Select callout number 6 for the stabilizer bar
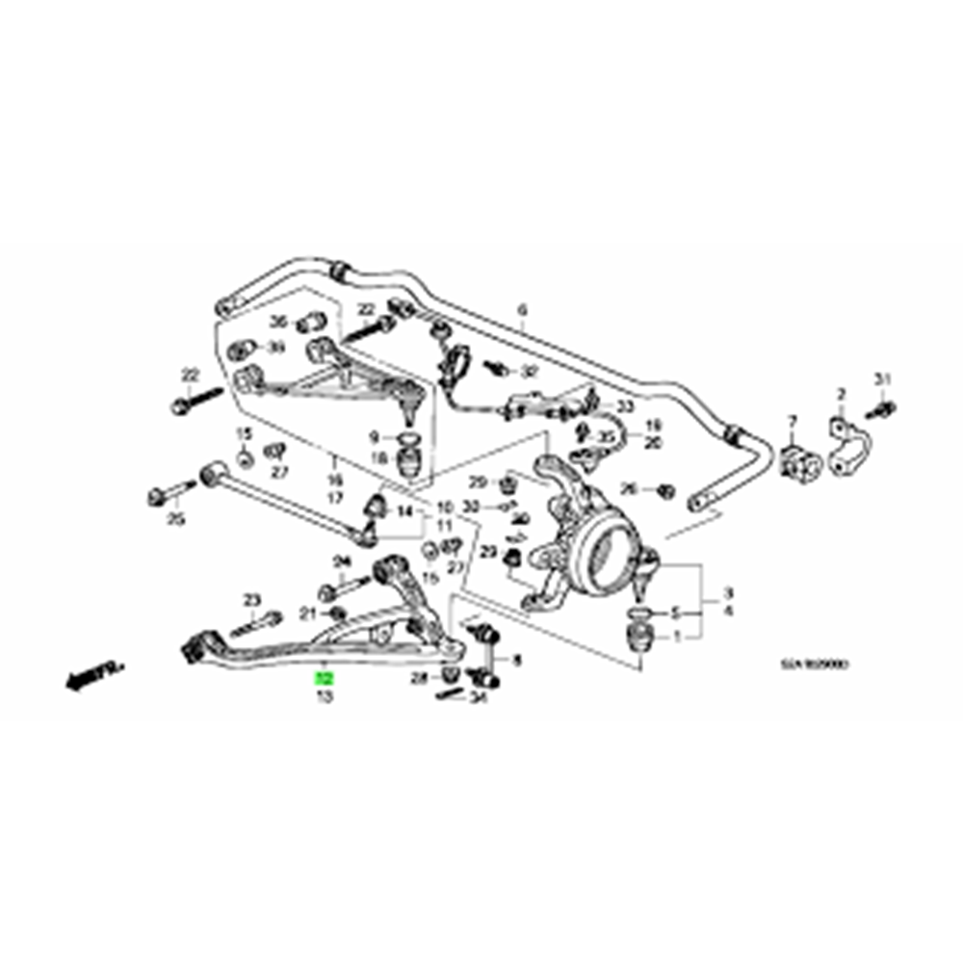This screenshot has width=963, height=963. (x=523, y=310)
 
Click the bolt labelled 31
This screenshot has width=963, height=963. (x=885, y=409)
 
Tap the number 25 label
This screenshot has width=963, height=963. (x=175, y=521)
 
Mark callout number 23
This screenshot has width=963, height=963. (x=252, y=599)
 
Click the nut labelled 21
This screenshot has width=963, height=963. (x=336, y=613)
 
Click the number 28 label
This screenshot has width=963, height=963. (x=419, y=679)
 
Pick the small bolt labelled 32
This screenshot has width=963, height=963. (x=499, y=367)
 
